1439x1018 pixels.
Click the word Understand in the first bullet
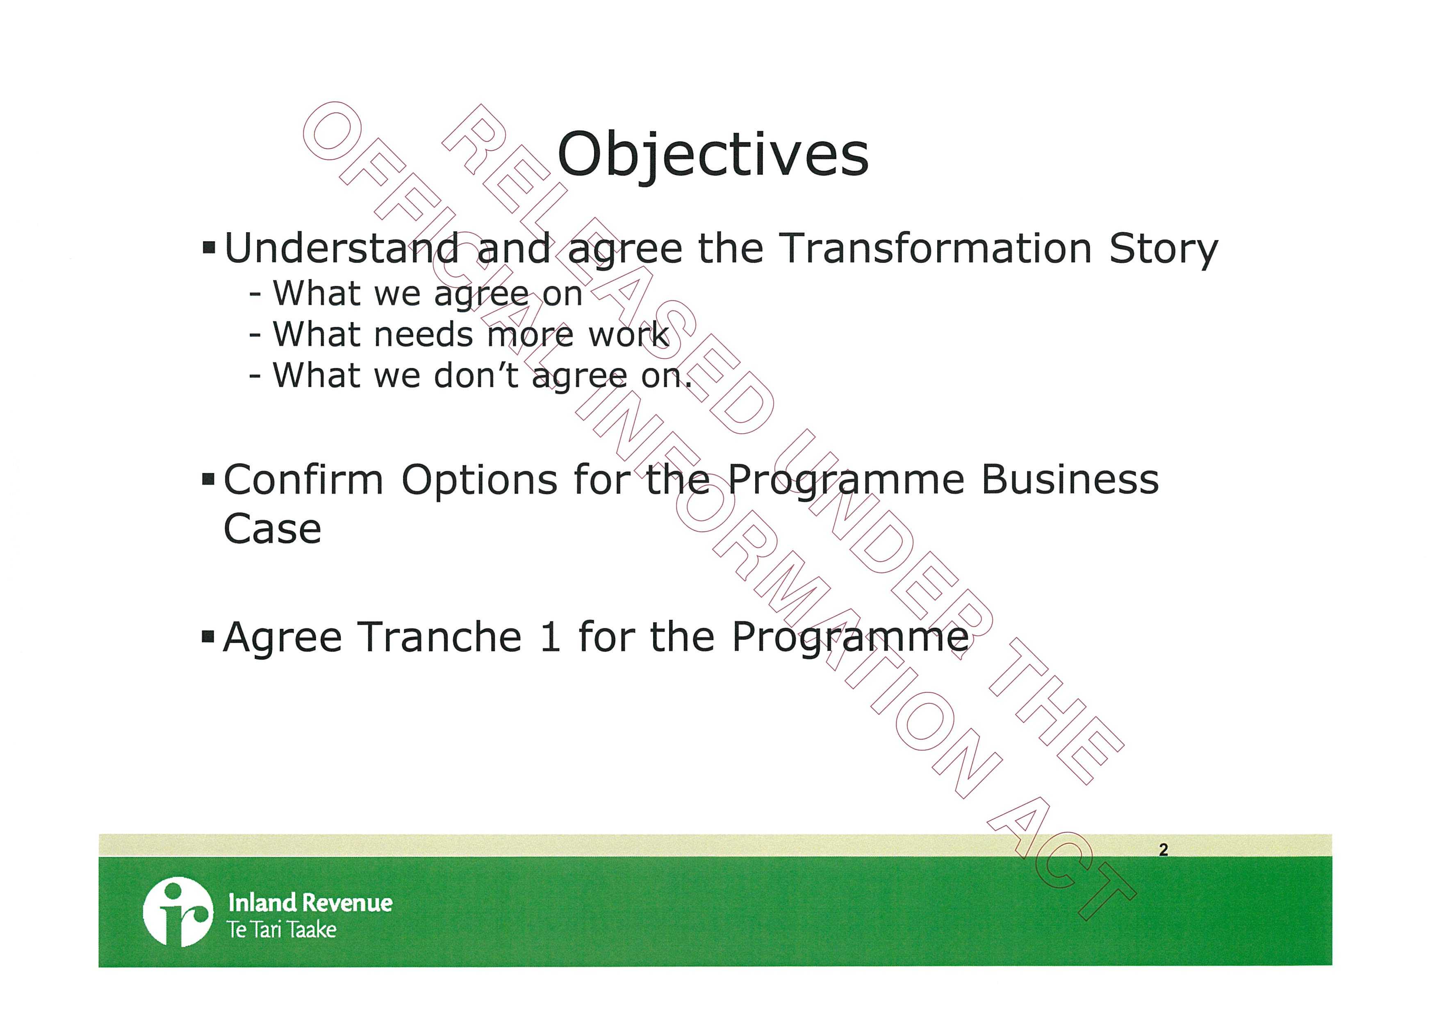(x=342, y=248)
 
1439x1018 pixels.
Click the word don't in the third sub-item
(x=476, y=375)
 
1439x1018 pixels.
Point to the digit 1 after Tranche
(x=550, y=637)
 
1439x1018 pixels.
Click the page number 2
(x=1163, y=849)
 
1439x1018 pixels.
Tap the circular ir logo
(x=178, y=911)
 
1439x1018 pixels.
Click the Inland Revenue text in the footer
(x=310, y=903)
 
